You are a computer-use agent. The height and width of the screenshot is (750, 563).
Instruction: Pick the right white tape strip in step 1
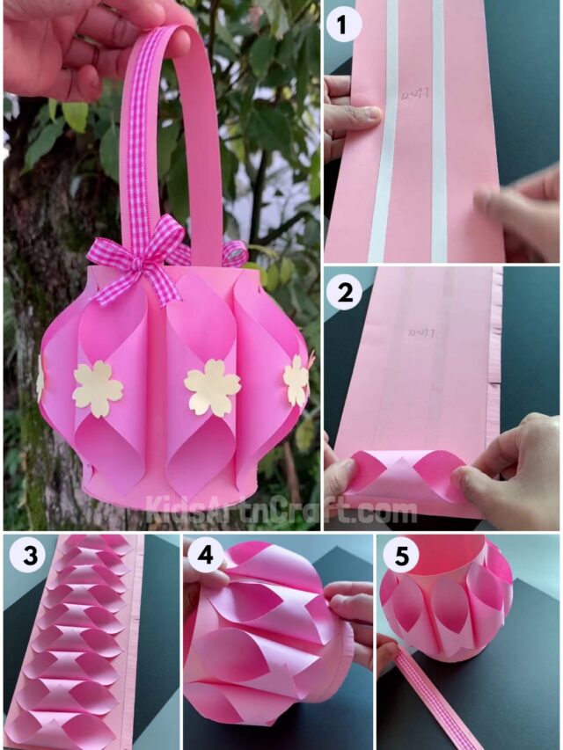tap(438, 132)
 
